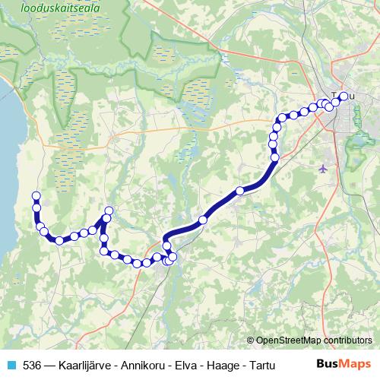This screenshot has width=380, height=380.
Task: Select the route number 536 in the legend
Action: (x=32, y=365)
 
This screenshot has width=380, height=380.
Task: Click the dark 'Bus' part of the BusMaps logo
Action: (x=328, y=364)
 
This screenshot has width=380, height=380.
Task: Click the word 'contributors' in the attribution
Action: (x=349, y=340)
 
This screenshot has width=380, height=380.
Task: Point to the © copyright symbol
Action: (x=251, y=340)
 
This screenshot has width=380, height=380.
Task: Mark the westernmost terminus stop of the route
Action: (x=36, y=197)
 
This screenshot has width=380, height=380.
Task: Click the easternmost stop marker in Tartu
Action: (x=343, y=96)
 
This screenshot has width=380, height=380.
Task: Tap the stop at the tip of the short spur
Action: (x=109, y=211)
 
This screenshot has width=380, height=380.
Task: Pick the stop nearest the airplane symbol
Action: (x=275, y=157)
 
